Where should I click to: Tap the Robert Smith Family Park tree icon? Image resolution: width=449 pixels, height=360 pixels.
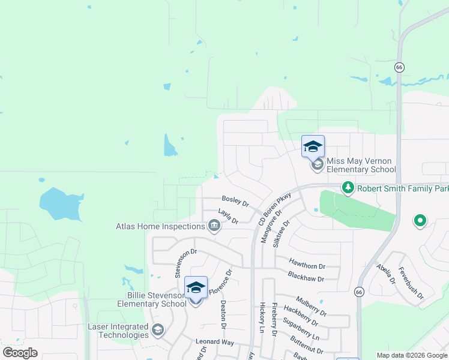click(348, 188)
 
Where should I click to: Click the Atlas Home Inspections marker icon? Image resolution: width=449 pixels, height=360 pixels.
click(213, 226)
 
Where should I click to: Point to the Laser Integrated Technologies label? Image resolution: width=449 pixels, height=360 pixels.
click(118, 331)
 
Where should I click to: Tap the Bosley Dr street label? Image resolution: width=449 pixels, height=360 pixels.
click(235, 199)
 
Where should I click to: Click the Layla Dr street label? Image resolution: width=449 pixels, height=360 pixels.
click(228, 216)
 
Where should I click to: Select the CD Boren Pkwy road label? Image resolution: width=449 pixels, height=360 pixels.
click(274, 209)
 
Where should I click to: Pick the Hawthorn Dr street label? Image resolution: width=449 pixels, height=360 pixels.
click(306, 265)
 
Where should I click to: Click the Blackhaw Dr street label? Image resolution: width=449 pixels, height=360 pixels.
click(306, 278)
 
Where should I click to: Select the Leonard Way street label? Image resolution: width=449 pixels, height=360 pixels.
click(214, 341)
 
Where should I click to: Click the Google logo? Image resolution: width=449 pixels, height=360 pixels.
click(20, 353)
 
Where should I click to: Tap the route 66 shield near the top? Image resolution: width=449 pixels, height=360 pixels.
click(399, 67)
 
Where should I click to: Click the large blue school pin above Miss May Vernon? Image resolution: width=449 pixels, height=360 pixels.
click(313, 147)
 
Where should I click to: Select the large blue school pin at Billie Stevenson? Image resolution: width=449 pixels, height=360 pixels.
click(196, 287)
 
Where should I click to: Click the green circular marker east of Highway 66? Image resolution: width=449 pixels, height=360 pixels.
click(420, 221)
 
